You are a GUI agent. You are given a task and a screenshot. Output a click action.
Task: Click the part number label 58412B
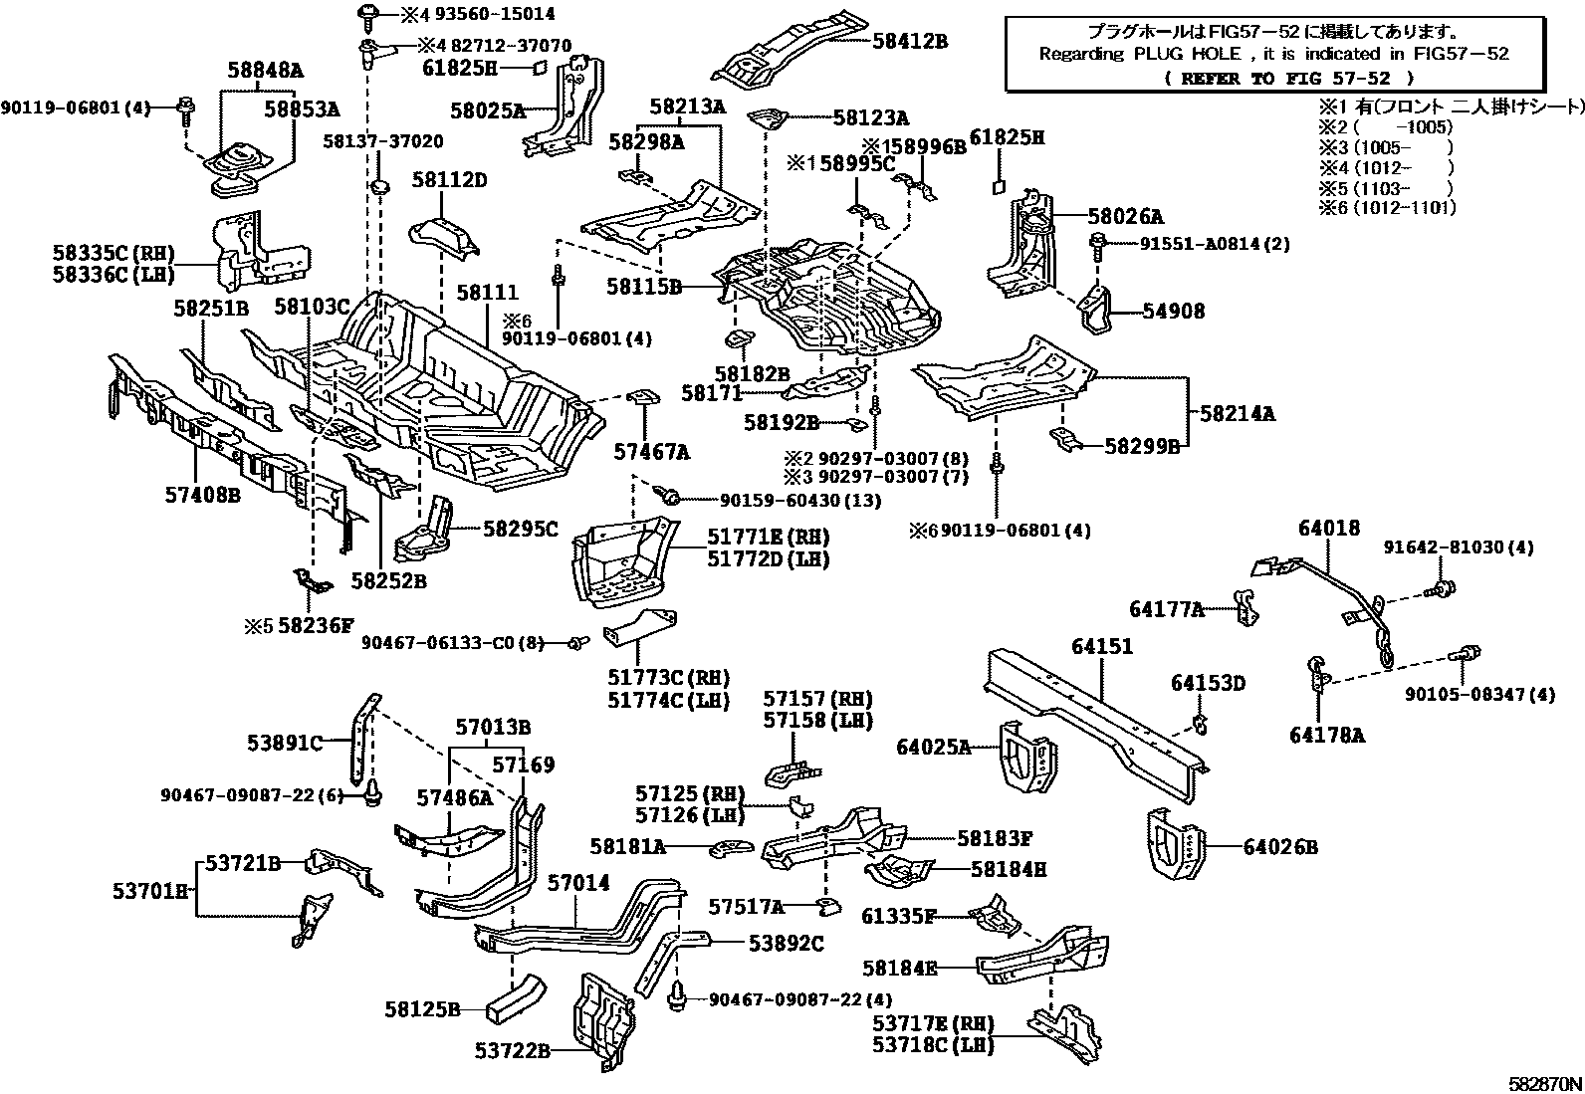(910, 42)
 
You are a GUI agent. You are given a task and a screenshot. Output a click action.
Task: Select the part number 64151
(1102, 647)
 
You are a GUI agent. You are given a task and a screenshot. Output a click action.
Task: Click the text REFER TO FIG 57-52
(1261, 78)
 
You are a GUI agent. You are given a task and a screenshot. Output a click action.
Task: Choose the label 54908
(1173, 312)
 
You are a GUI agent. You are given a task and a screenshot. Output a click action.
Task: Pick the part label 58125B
(422, 1009)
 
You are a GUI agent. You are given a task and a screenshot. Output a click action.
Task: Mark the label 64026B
(1280, 847)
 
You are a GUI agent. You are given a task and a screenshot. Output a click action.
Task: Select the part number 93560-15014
(492, 14)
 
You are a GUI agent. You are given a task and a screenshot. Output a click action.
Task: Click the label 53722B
(512, 1049)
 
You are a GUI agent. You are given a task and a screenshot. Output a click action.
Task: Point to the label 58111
(488, 293)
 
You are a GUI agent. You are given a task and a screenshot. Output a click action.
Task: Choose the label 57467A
(651, 452)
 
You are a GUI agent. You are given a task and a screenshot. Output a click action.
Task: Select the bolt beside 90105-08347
(1467, 655)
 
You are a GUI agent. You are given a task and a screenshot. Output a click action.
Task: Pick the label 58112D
(450, 180)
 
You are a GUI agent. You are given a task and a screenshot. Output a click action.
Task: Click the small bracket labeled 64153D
(1200, 721)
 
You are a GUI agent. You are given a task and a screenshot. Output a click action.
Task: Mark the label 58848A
(264, 70)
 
